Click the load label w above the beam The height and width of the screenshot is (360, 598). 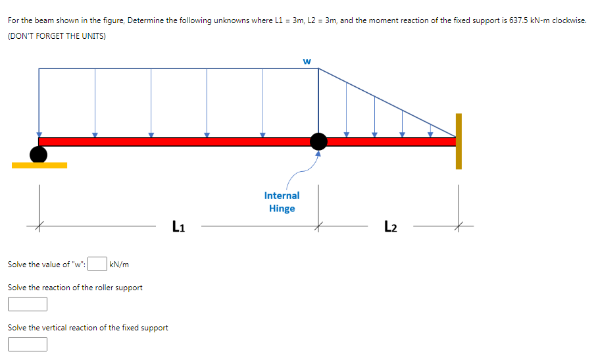(307, 62)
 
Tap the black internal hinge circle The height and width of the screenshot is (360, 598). (318, 141)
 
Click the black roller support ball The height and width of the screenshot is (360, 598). (39, 154)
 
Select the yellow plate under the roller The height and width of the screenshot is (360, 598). (39, 165)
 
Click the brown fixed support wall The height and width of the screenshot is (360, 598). (459, 141)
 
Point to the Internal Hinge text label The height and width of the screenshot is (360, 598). (282, 202)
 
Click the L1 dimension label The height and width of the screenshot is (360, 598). (178, 227)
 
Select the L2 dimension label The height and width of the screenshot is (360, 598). (390, 227)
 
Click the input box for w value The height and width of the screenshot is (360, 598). (97, 265)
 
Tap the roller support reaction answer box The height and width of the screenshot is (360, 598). (28, 304)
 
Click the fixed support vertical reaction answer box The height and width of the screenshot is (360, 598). (28, 344)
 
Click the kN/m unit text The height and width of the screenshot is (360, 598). (119, 265)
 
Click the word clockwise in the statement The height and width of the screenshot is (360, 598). (570, 20)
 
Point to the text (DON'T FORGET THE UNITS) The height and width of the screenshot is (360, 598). (57, 36)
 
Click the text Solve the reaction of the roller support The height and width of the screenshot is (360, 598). (75, 288)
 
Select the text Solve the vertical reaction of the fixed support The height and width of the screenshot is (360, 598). (88, 328)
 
